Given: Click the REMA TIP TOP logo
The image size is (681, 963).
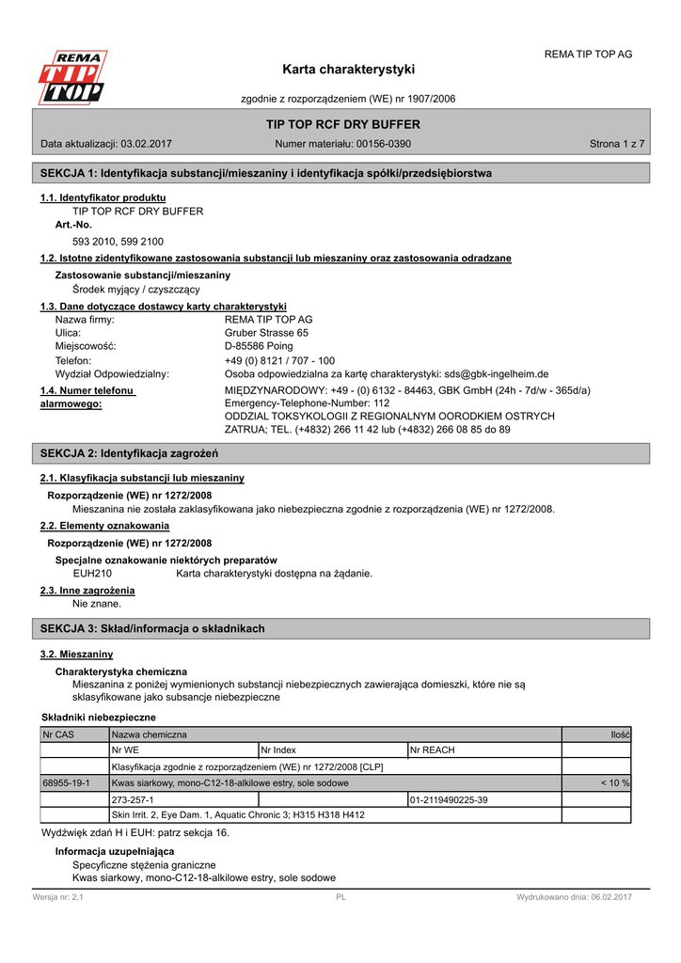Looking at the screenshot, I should (71, 77).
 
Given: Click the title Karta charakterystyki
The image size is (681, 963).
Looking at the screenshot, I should (348, 70).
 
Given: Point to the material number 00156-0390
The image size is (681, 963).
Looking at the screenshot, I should (384, 144).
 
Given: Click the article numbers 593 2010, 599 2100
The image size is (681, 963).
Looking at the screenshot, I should (118, 242).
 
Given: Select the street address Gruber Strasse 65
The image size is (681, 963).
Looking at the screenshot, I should (266, 333).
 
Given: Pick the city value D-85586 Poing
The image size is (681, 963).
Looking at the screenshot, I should (258, 346).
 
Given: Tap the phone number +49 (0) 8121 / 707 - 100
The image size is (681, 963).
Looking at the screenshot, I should (279, 360).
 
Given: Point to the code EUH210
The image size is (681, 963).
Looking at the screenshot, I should (92, 573).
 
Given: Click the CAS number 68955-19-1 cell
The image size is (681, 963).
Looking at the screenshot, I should (67, 782).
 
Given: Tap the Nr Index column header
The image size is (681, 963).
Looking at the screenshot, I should (278, 750).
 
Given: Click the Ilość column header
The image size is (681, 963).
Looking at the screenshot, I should (620, 734).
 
